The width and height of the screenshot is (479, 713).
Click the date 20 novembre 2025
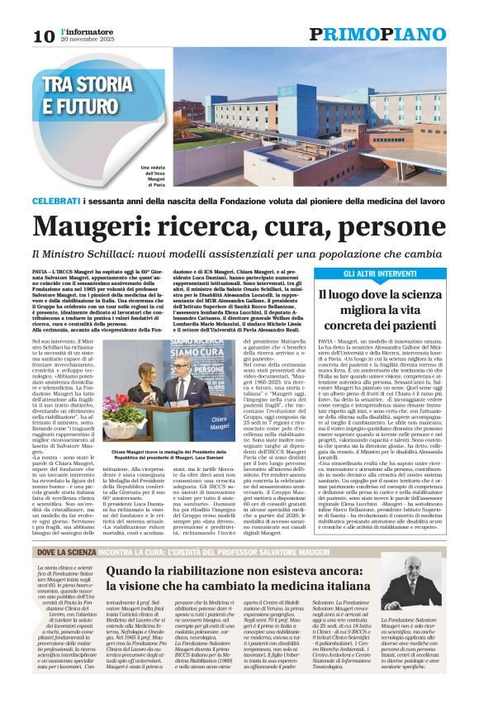[x=86, y=39]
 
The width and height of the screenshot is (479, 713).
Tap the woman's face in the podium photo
[x=145, y=373]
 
